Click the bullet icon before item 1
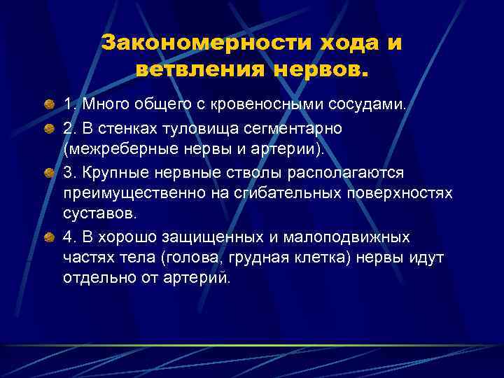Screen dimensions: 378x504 49,106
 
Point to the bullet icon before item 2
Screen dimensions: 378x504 49,129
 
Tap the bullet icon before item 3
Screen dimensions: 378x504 49,172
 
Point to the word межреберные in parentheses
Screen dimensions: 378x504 109,150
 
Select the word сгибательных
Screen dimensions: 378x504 276,193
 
